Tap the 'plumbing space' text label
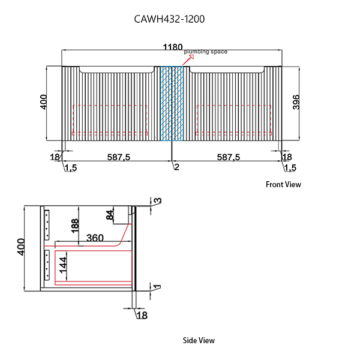(206, 52)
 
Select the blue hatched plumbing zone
(172, 103)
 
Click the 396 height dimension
(296, 103)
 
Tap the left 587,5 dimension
(119, 157)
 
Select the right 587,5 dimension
(229, 157)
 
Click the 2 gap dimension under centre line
(176, 167)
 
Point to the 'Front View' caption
(283, 184)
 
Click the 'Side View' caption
(199, 340)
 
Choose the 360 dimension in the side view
(95, 237)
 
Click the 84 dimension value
(110, 214)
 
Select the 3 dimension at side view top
(158, 200)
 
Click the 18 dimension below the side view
(142, 315)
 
